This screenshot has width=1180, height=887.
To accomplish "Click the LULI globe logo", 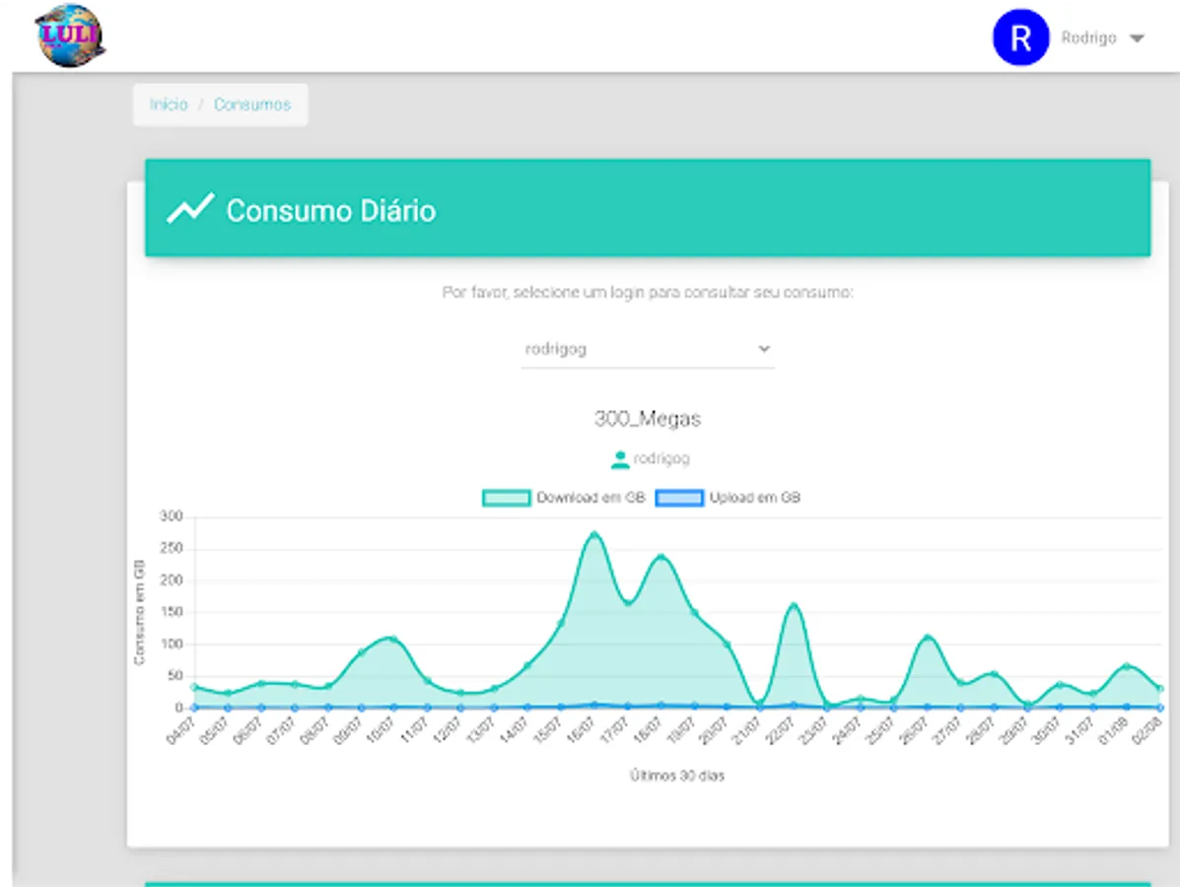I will click(x=70, y=35).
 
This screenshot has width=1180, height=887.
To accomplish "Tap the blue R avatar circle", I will click(x=1020, y=38).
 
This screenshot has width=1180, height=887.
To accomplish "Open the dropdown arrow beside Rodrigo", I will click(x=1137, y=39).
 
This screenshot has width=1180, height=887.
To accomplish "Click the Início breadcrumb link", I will click(x=169, y=104).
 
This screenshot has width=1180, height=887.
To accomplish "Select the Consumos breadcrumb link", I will click(x=252, y=104).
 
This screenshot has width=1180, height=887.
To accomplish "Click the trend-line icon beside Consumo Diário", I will click(x=190, y=209).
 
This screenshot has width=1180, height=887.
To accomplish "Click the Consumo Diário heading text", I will click(x=331, y=211).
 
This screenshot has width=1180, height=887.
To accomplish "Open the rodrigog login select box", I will click(x=647, y=349).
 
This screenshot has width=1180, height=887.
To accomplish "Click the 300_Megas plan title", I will click(x=648, y=419).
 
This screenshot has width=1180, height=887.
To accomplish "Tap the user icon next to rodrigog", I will click(x=620, y=459).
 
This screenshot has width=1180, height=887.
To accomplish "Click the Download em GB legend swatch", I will click(x=507, y=498).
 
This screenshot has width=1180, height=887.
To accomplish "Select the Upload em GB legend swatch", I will click(x=679, y=498).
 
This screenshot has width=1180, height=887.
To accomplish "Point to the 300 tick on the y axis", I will click(x=171, y=516).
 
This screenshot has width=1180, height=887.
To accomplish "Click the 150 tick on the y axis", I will click(x=171, y=612).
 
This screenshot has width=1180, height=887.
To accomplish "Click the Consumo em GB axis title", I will click(x=140, y=612).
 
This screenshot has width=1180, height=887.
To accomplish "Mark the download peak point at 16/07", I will click(x=594, y=534).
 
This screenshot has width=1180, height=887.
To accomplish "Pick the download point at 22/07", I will click(x=795, y=604).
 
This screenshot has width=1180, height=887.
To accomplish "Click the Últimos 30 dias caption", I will click(x=677, y=776).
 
